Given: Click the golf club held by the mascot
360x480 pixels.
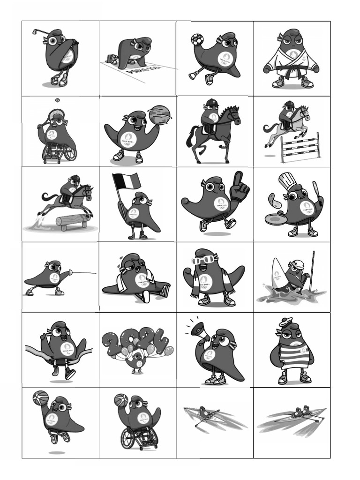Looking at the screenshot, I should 40,32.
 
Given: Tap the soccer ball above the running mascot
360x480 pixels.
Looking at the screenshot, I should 196,39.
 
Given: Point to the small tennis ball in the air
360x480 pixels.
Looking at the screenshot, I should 57,100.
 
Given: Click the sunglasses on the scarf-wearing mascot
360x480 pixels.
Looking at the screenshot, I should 204,259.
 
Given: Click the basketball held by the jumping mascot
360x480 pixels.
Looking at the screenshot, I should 40,398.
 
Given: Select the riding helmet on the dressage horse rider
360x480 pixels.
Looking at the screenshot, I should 212,102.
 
